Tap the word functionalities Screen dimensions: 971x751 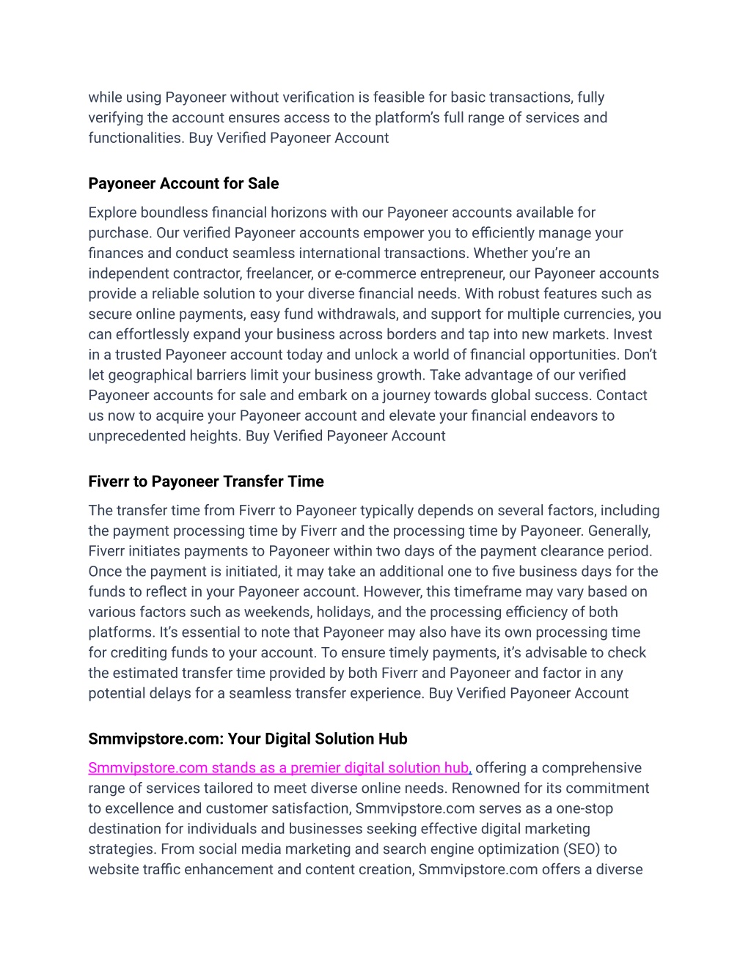pyautogui.click(x=135, y=138)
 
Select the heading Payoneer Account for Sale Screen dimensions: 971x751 pyautogui.click(x=183, y=183)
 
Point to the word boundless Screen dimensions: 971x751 pyautogui.click(x=175, y=213)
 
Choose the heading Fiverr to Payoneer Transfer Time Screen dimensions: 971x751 pyautogui.click(x=206, y=481)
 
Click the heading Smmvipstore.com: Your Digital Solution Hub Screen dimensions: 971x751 pyautogui.click(x=248, y=739)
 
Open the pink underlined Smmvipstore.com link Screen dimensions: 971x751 pyautogui.click(x=279, y=768)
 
